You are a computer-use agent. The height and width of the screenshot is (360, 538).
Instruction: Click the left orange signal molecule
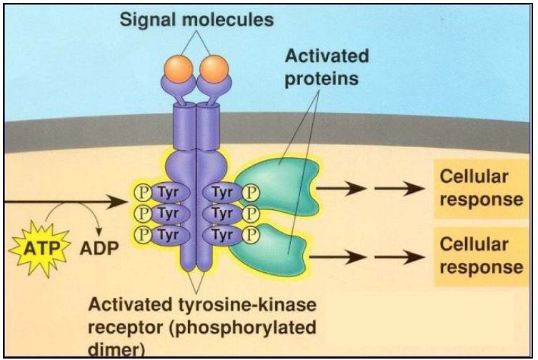(181, 70)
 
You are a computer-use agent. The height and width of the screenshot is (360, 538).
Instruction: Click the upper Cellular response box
(476, 187)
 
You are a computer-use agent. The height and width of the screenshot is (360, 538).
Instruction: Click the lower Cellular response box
(476, 255)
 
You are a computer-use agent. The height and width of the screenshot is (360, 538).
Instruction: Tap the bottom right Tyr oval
(224, 234)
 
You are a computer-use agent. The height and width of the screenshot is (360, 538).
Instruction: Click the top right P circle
(249, 193)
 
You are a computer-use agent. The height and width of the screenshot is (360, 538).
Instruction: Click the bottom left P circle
(142, 234)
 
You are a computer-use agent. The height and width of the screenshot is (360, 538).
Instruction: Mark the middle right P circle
(249, 214)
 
